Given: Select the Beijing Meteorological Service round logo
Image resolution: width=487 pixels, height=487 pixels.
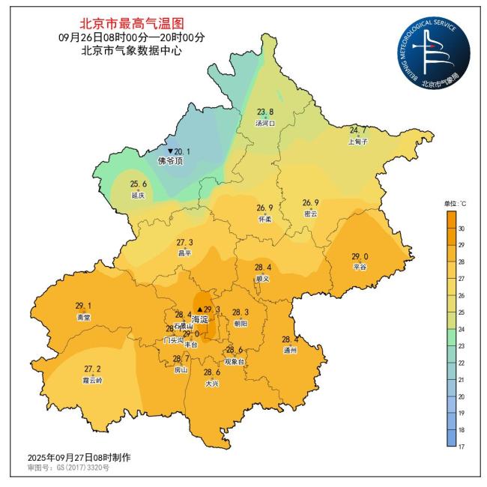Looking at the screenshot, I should [x=433, y=51].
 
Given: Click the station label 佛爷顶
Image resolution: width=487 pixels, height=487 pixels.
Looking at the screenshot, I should [x=170, y=161].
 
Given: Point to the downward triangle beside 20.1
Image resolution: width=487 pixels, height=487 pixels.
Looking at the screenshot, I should [x=169, y=151].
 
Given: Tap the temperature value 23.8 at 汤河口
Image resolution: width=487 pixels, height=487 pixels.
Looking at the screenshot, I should [x=266, y=113].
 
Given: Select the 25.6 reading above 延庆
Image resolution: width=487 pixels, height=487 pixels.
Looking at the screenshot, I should [x=139, y=184].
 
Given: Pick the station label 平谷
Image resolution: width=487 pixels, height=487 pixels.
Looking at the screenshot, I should [x=360, y=267].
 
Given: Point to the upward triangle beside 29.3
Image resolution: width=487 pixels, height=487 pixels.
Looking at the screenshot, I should [x=199, y=309].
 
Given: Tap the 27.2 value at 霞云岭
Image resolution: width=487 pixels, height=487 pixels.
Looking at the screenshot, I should [x=92, y=369].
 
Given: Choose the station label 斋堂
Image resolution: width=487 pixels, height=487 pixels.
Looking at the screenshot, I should [x=83, y=317].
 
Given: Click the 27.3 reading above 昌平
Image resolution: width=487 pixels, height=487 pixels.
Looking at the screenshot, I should [x=185, y=243].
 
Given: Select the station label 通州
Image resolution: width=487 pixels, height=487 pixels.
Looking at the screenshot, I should [x=290, y=350].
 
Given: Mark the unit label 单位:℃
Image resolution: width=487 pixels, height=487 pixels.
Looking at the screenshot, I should [x=455, y=203].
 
